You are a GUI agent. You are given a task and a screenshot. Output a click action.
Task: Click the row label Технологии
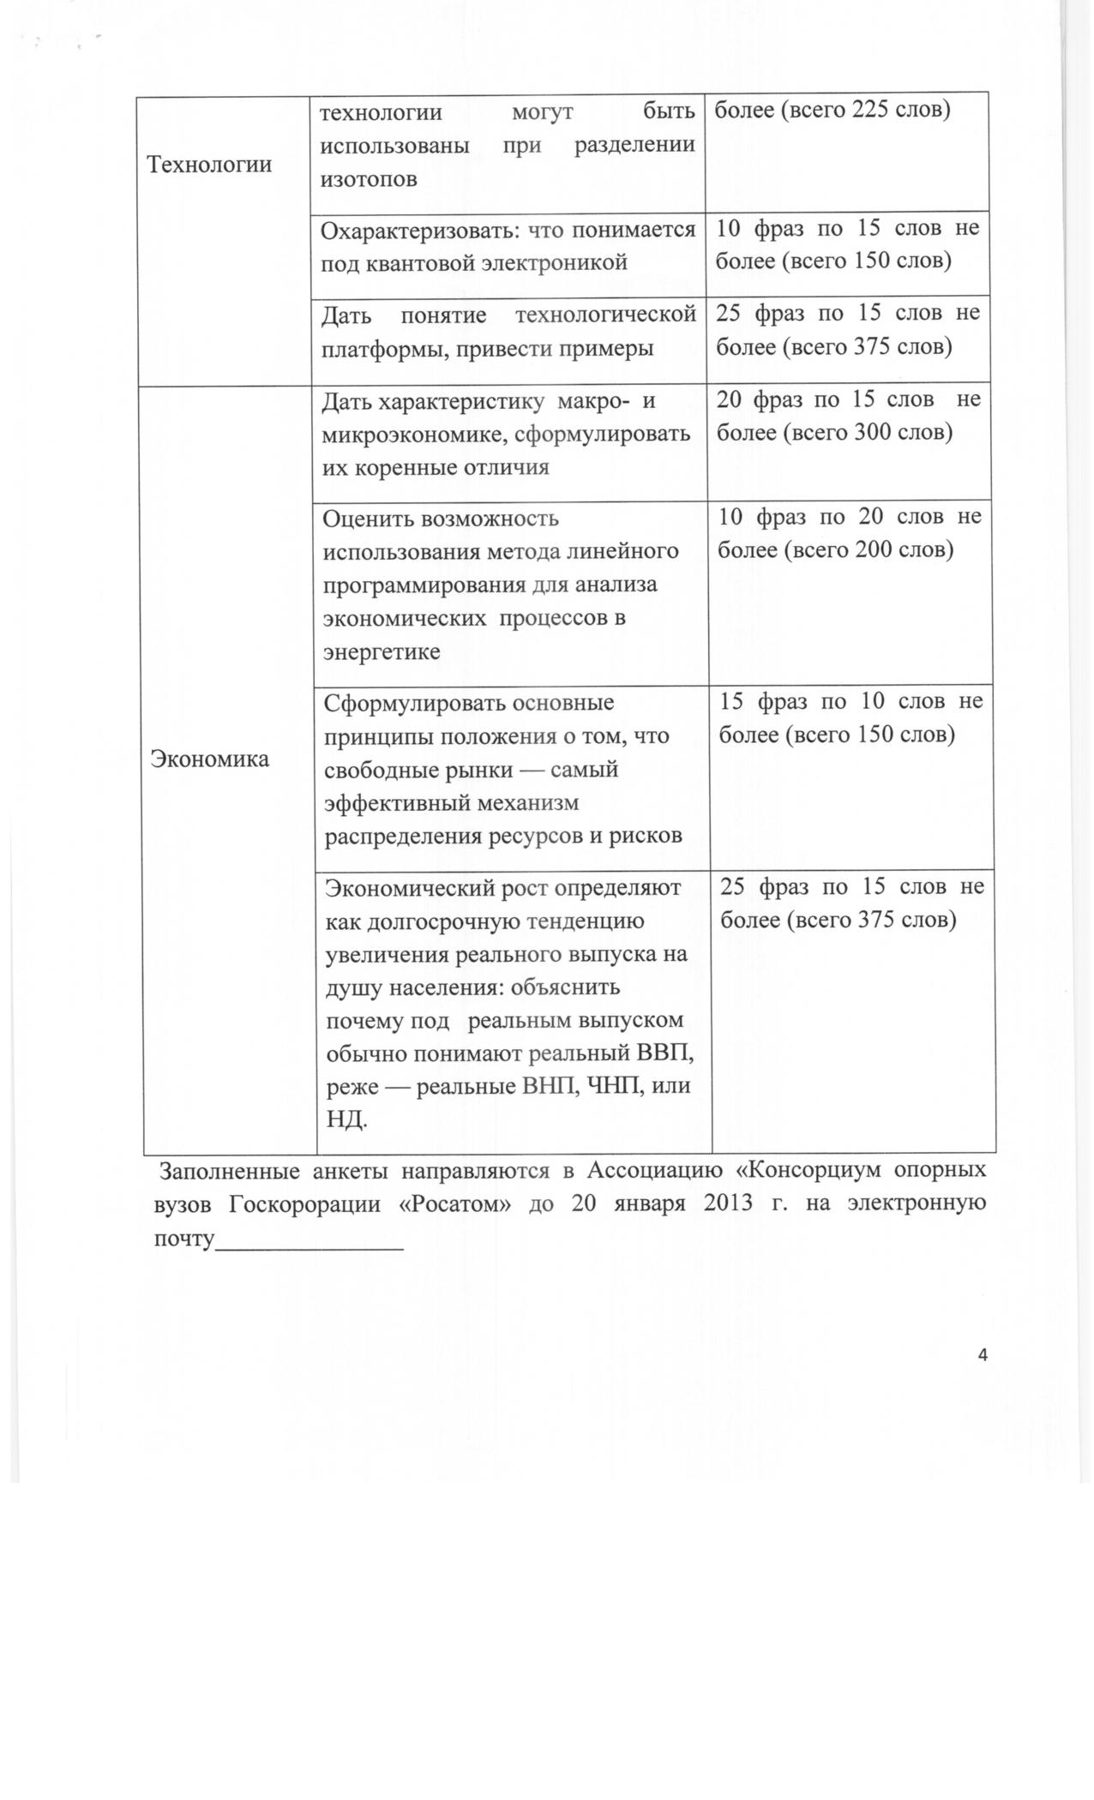coord(209,165)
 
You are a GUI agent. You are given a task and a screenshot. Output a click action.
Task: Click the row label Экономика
coord(210,759)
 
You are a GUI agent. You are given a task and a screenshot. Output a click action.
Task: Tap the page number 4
coord(983,1355)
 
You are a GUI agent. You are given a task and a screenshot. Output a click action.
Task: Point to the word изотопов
coord(369,179)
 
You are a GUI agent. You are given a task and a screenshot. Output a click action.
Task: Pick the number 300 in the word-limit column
coord(876,432)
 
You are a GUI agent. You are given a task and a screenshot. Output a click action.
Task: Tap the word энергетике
coord(382,651)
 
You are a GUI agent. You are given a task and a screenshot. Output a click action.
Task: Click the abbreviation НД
coord(346,1119)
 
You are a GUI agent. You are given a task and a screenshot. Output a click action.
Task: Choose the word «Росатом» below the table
coord(455,1203)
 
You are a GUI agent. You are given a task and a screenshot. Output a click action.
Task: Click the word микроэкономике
coord(407,434)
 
